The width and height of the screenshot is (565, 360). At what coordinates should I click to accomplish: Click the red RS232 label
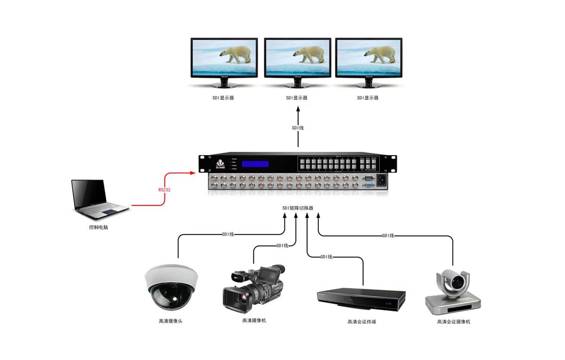point(164,190)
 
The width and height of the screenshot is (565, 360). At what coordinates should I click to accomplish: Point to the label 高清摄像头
point(170,321)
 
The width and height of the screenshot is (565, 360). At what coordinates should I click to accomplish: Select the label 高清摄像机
point(254,320)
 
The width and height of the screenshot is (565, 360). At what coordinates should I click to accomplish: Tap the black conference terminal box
point(361,299)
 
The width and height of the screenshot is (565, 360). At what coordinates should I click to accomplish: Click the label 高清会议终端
point(362,322)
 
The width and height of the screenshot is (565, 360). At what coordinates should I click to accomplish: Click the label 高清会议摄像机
point(453,322)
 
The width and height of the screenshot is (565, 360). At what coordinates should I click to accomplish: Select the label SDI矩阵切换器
point(298,208)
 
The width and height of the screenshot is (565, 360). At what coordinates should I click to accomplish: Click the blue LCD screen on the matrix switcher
point(255,164)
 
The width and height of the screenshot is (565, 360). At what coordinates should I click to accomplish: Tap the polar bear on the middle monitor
point(309,54)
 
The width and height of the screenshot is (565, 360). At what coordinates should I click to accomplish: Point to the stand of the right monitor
point(368,83)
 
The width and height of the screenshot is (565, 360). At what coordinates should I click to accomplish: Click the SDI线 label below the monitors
point(298,128)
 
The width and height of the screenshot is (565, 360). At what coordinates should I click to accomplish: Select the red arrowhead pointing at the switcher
point(192,173)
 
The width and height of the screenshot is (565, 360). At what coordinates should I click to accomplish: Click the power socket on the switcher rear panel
point(381,180)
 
